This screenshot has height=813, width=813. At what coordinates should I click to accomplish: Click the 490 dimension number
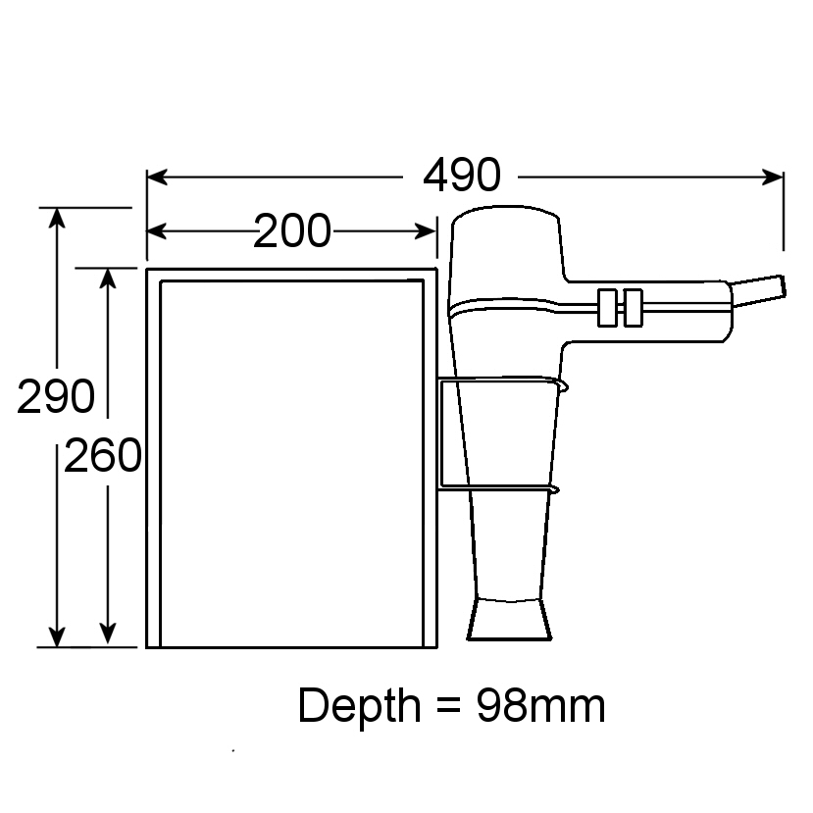point(461,177)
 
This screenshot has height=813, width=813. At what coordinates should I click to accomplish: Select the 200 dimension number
point(291,231)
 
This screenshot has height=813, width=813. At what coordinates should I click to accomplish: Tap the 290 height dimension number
point(56,396)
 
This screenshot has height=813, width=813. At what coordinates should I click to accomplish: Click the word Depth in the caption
point(358,706)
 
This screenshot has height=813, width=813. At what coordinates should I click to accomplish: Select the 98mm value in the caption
point(540,706)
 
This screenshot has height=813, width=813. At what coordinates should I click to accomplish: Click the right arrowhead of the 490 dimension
point(775,177)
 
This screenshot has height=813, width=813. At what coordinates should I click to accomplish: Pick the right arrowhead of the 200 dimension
point(427,231)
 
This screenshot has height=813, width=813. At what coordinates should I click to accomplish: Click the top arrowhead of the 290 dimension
point(58,218)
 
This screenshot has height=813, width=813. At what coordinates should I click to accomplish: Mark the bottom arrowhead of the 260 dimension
point(108,636)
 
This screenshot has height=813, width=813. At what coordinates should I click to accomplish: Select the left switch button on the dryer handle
point(607,307)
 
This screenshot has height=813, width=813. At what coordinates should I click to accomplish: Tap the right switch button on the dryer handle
point(633,307)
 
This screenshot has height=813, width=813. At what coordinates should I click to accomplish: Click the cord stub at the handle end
point(761,290)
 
